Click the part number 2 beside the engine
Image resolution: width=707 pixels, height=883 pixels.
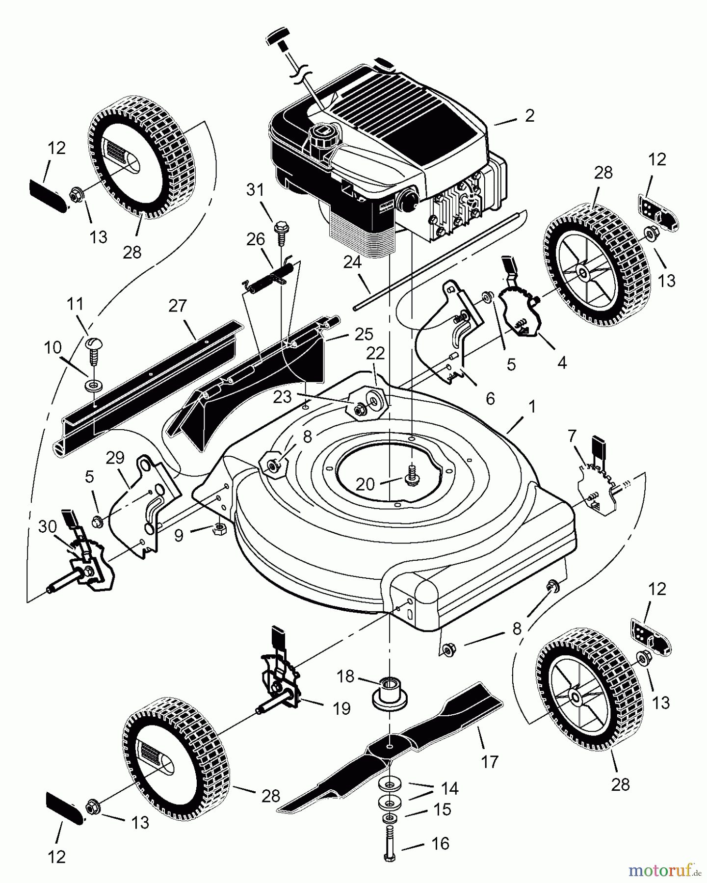point(529,116)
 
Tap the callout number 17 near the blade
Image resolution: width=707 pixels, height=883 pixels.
point(490,761)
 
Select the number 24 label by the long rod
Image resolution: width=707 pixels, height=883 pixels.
point(352,263)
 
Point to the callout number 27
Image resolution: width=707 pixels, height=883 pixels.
point(178,306)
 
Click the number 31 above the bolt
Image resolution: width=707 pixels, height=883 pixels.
point(255,189)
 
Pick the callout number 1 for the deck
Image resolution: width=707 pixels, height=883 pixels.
point(531,407)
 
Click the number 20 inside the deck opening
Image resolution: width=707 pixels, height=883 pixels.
point(365,484)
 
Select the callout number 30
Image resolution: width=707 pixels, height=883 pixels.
point(48,526)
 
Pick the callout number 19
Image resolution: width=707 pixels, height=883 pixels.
point(342,708)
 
